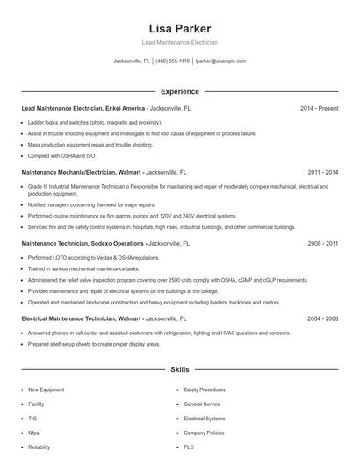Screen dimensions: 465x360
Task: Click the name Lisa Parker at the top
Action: coord(180,29)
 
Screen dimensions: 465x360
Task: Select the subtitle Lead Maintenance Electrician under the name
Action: coord(180,42)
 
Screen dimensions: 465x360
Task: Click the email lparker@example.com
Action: coord(220,61)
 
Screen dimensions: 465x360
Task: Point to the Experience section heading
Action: coord(180,91)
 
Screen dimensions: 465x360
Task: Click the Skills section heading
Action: coord(180,371)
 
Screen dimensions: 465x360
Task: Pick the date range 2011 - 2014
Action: coord(322,173)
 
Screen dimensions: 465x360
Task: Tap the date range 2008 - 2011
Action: coord(322,243)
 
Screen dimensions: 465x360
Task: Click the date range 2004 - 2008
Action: coord(322,319)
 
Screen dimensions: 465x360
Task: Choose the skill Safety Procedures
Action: coord(205,389)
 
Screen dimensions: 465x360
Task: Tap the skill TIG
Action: coord(32,418)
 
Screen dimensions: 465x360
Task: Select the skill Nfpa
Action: coord(33,433)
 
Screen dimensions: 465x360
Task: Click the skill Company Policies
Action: coord(205,433)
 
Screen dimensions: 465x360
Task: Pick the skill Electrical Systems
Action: coord(205,418)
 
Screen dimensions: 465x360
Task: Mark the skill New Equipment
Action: coord(46,389)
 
